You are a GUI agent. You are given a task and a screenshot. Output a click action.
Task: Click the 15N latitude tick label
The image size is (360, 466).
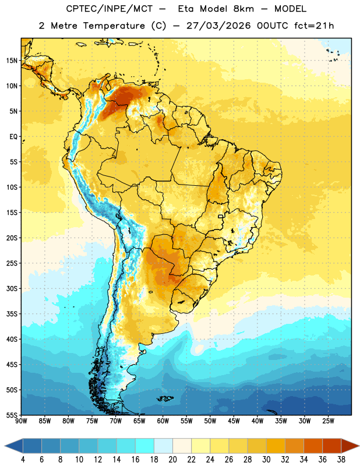pos(12,61)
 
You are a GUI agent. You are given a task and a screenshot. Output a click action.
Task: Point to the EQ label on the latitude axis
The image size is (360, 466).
pos(13,137)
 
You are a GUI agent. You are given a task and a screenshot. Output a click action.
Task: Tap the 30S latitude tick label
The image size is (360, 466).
pos(12,288)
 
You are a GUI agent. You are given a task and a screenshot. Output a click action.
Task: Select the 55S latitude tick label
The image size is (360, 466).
pos(12,415)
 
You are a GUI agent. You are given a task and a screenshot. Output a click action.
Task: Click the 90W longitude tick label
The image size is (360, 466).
pos(22,421)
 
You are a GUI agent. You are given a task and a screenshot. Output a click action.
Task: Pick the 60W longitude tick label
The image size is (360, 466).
pos(163,421)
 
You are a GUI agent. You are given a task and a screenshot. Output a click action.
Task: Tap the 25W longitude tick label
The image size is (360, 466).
pos(328,421)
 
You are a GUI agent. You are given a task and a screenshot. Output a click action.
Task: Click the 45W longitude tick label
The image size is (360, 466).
pos(234,421)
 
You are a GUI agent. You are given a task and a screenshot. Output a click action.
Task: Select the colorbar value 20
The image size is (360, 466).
pos(172,460)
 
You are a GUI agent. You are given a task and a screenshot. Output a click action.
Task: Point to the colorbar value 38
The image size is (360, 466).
pos(341,460)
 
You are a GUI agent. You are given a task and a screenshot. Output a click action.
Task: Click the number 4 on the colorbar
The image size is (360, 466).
pos(23,460)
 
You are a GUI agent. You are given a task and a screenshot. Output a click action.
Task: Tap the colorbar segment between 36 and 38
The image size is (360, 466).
pos(332,446)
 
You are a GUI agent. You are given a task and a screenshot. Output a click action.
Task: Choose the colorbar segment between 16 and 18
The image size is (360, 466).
pos(145,446)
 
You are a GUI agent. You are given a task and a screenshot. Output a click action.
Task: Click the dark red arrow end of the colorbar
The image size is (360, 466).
pos(350,446)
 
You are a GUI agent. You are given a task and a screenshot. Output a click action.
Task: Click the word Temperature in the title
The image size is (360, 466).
pos(114,26)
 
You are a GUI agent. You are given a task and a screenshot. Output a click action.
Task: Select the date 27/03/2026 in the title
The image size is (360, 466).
pos(218,26)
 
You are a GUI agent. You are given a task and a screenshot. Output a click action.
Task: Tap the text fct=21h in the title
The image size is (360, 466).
pos(314,26)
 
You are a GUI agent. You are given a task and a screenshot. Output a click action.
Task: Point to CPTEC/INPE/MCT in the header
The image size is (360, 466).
pos(110,9)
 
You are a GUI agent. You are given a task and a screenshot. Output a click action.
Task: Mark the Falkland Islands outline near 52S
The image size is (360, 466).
pos(165,398)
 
